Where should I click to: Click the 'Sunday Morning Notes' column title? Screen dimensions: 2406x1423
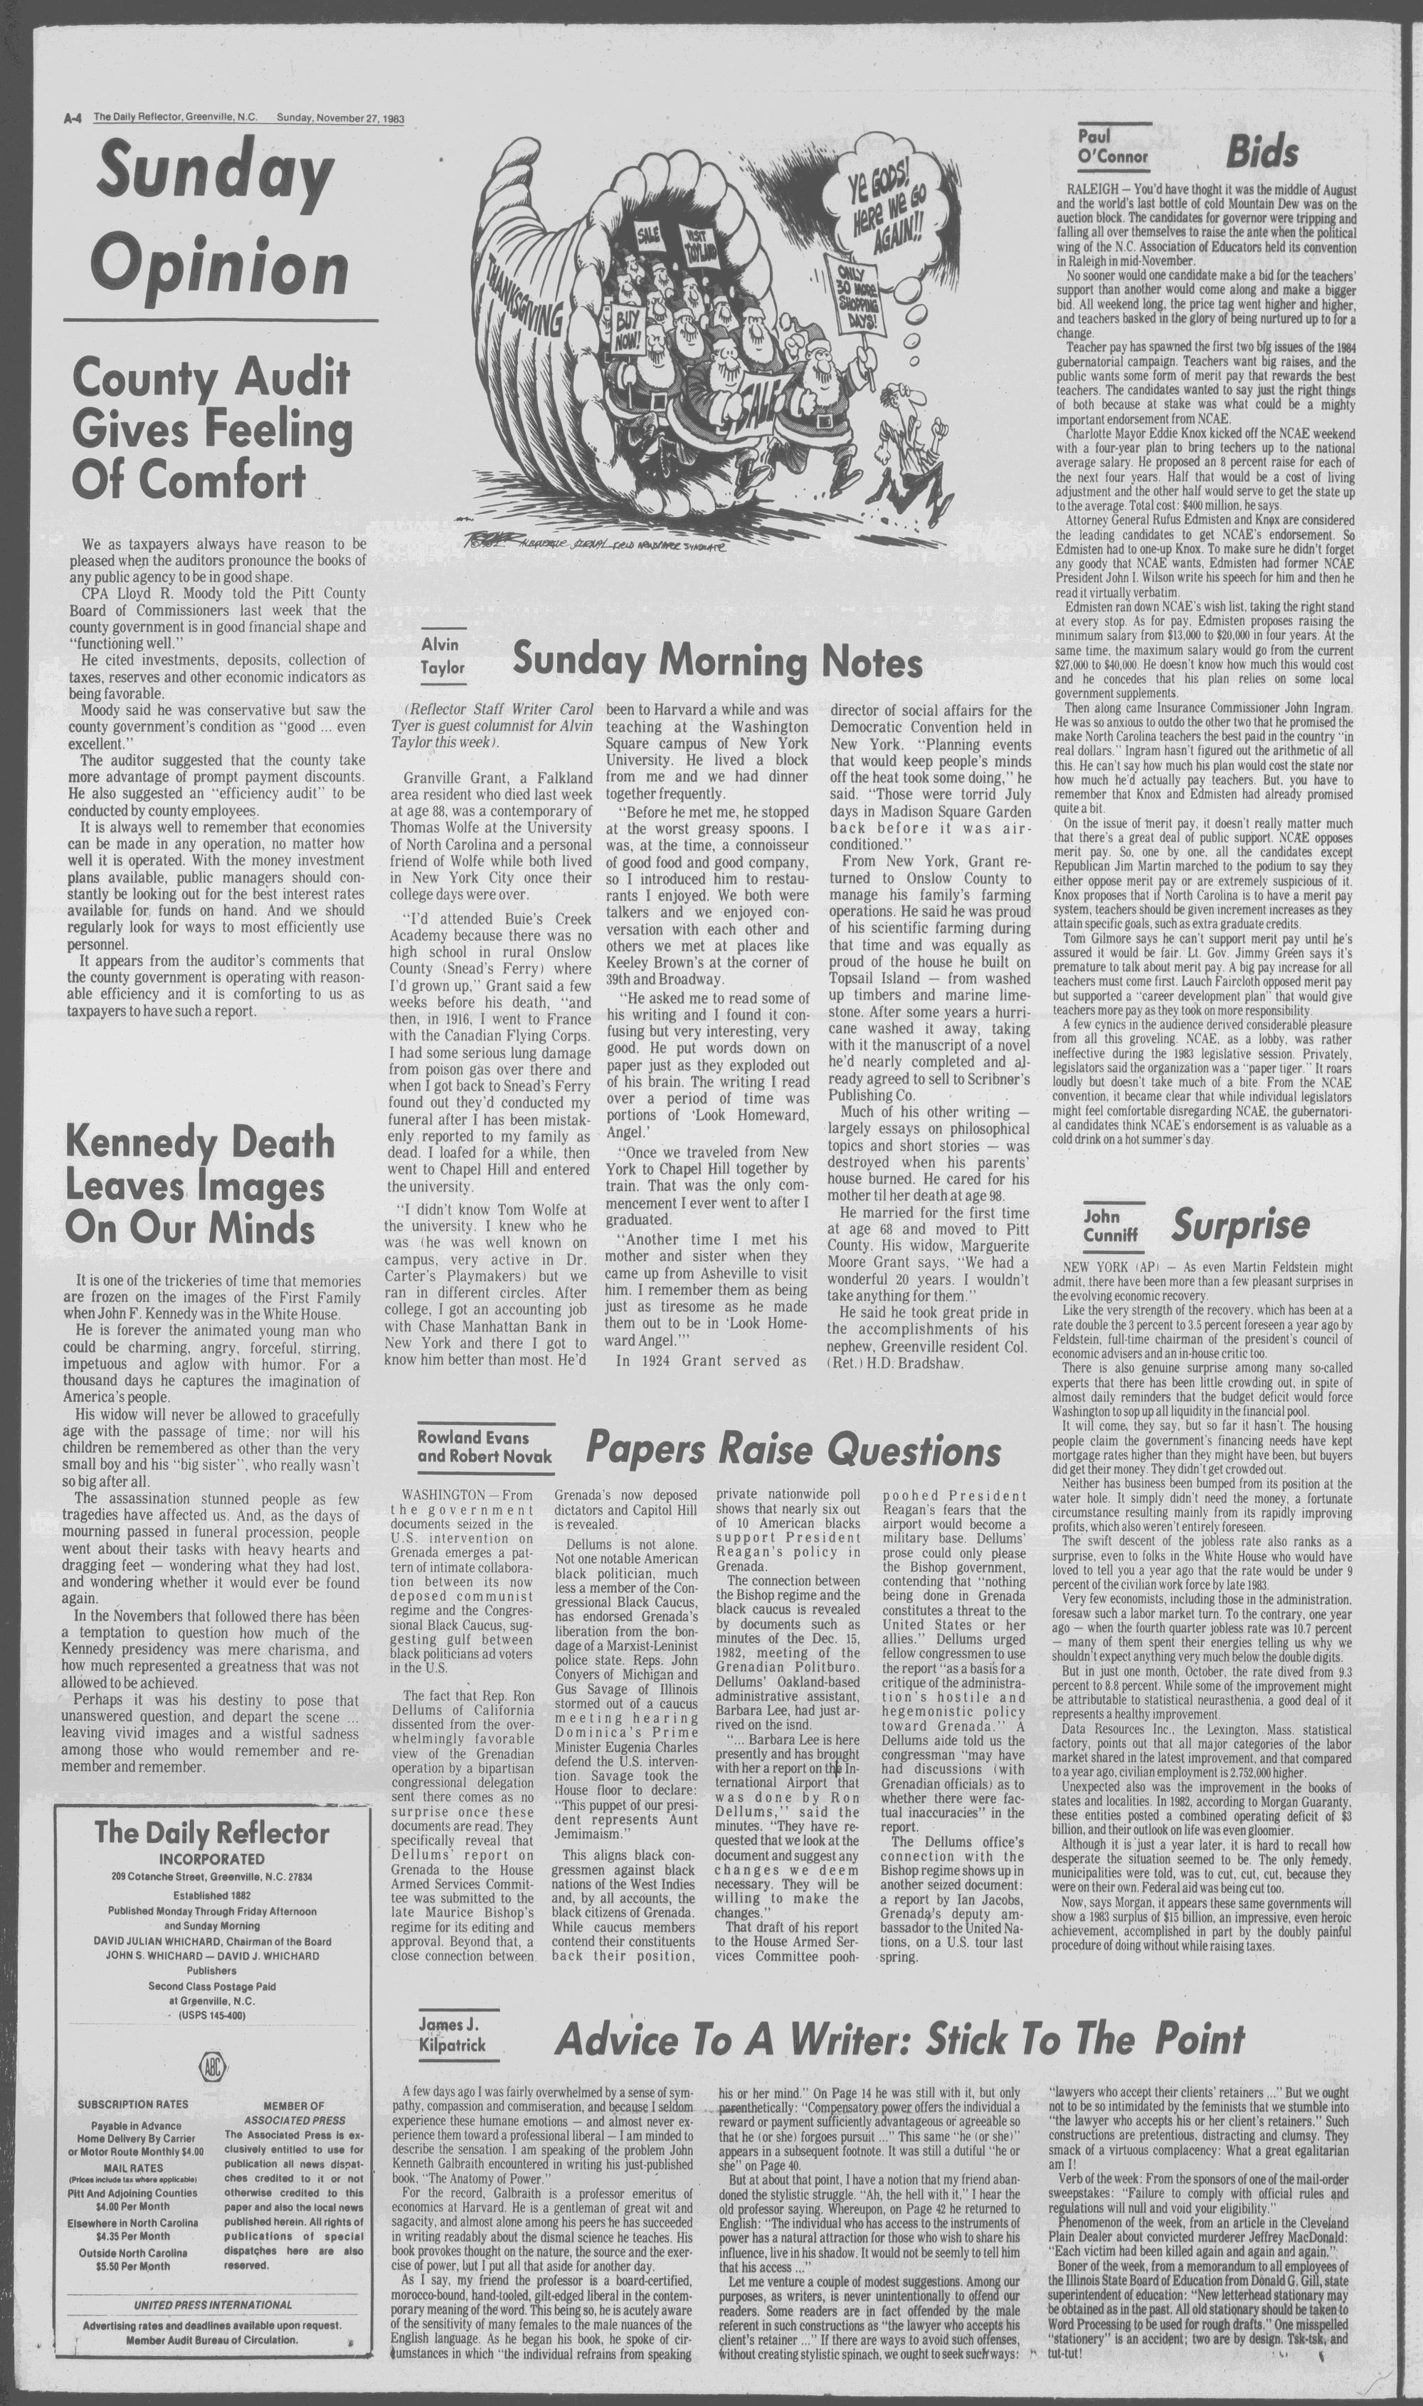pos(717,661)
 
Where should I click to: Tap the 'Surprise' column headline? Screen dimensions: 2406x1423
pos(1240,1225)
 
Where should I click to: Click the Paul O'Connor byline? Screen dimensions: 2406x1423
pos(1111,146)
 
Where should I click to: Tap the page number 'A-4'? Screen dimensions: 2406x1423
pos(71,119)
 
